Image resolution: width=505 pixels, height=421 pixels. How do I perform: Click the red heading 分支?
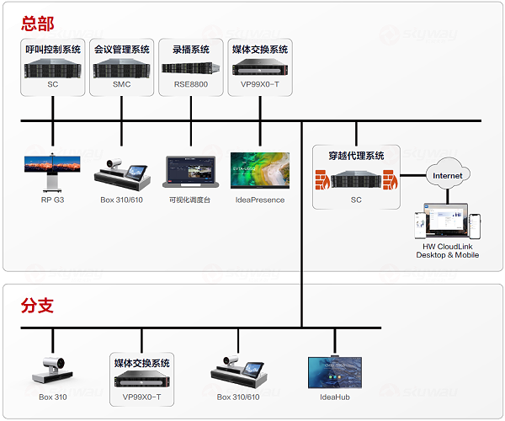[x=38, y=306]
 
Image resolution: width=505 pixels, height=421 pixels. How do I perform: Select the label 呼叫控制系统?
[x=53, y=50]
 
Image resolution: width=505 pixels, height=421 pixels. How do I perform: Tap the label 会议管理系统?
[x=122, y=50]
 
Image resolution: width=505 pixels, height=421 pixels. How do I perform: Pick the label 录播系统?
[x=191, y=50]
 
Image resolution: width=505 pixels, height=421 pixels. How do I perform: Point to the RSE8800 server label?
[x=191, y=84]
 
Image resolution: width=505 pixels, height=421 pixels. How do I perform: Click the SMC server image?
[x=122, y=67]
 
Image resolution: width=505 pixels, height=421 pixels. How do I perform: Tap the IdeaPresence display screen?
[x=260, y=171]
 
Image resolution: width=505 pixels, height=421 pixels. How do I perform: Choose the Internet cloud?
[x=448, y=176]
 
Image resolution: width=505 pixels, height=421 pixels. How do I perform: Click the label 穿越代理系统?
[x=356, y=156]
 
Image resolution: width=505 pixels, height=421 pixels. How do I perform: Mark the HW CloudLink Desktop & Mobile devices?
[x=448, y=225]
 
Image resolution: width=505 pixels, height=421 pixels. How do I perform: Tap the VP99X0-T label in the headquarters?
[x=260, y=84]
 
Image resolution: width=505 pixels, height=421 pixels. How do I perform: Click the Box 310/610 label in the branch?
[x=238, y=397]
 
